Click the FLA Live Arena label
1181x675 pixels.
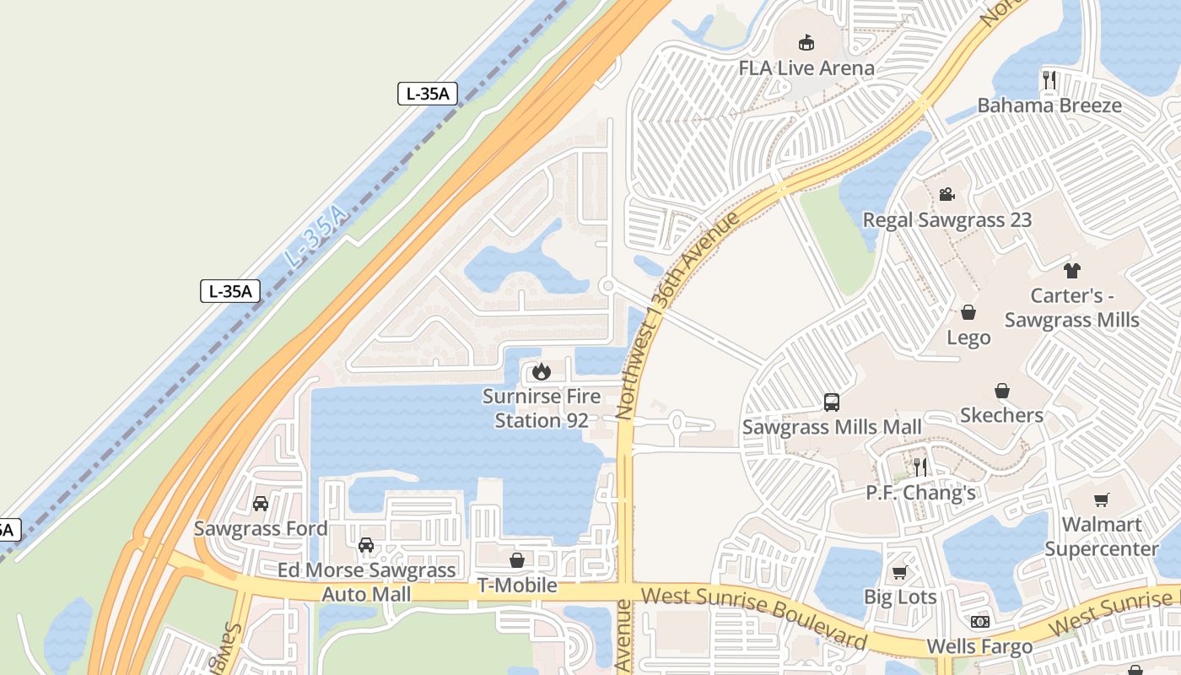click(x=806, y=68)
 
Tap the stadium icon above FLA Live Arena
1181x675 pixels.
click(x=806, y=42)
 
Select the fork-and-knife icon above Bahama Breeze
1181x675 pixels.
click(x=1049, y=80)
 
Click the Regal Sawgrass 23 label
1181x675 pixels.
click(x=946, y=220)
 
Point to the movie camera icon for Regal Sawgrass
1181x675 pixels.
click(x=946, y=195)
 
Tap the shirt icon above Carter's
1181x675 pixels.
click(x=1071, y=271)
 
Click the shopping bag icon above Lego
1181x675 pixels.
click(x=968, y=313)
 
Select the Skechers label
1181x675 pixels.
click(x=1001, y=415)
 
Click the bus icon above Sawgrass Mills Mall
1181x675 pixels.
click(x=832, y=402)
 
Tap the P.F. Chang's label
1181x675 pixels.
click(x=920, y=493)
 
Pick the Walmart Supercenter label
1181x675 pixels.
click(x=1101, y=537)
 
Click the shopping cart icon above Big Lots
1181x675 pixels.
click(x=900, y=572)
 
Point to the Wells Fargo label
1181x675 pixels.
click(x=979, y=647)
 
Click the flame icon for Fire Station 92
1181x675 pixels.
click(x=541, y=371)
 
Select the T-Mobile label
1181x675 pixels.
click(x=517, y=585)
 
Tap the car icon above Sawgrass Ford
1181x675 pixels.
click(x=261, y=504)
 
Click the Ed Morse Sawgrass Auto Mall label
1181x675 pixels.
click(x=366, y=582)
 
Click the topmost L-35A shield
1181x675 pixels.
click(x=427, y=94)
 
